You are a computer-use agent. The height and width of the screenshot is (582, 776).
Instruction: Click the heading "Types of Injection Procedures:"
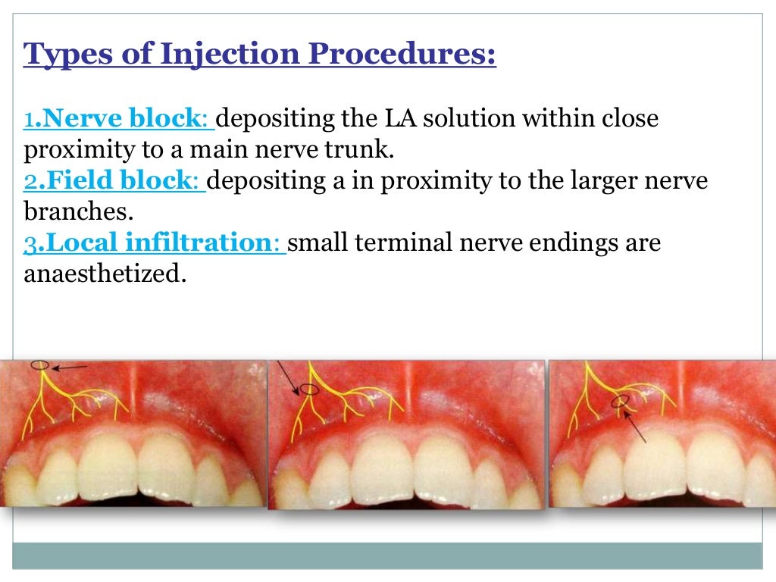coord(260,55)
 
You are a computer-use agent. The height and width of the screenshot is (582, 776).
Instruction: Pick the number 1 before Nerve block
coord(28,120)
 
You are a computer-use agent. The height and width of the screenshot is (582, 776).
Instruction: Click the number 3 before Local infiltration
coord(29,243)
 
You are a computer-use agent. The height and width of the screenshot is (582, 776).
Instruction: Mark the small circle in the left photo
coord(41,366)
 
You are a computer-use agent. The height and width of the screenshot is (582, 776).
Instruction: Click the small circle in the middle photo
coord(308,390)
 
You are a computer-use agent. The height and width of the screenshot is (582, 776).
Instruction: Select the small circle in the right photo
coord(621,402)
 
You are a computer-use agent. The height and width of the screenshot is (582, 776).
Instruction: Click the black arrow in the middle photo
coord(289,377)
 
